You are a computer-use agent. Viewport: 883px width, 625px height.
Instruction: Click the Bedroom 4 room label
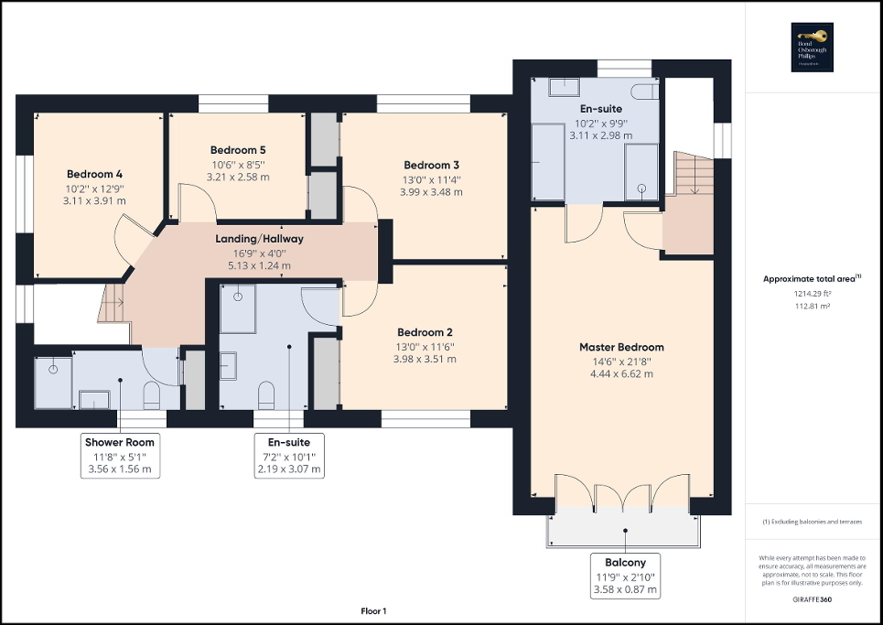pos(94,174)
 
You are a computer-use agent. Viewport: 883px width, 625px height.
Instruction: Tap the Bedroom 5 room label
pos(237,150)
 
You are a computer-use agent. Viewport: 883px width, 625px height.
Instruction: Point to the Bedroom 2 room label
pos(425,332)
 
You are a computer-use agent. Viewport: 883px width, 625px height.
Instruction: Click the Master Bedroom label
pos(621,347)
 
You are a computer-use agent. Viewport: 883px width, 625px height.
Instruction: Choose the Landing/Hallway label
pos(259,239)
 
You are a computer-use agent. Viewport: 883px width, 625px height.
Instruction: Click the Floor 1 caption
pos(374,610)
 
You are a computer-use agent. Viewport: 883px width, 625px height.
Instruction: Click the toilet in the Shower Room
pos(153,395)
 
